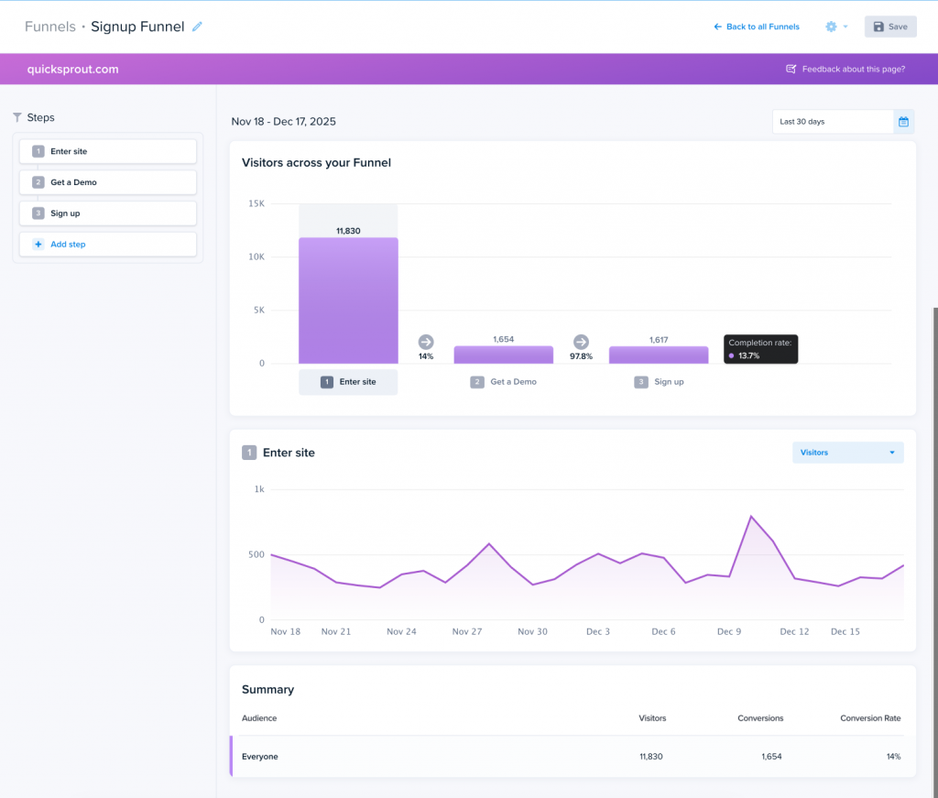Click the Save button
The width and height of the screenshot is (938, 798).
890,27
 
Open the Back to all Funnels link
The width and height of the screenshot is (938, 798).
757,27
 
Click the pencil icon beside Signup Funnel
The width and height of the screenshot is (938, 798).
197,27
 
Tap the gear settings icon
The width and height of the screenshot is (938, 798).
831,27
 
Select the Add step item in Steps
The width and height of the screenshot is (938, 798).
108,245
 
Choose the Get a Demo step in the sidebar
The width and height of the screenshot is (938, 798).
108,182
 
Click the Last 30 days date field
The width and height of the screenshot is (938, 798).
832,122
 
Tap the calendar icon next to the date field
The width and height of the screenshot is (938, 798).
903,122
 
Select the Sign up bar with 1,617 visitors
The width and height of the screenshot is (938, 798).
659,355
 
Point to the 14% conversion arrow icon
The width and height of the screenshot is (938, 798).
426,342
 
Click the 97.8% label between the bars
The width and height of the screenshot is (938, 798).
581,356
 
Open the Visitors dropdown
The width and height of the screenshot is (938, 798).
847,453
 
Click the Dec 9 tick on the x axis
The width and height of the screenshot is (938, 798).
729,632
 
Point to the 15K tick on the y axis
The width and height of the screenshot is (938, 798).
256,203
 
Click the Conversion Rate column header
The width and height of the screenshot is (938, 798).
870,718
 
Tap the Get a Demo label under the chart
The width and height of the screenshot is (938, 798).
513,382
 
